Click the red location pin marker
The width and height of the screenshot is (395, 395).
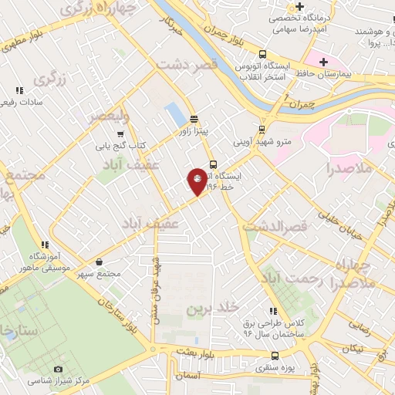coord(197,181)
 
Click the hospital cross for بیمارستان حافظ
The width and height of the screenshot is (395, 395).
coord(323,62)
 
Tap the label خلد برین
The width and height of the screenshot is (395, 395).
coord(208,309)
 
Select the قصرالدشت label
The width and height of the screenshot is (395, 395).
coord(275,227)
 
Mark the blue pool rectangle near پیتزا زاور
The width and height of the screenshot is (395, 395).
coord(176,115)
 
